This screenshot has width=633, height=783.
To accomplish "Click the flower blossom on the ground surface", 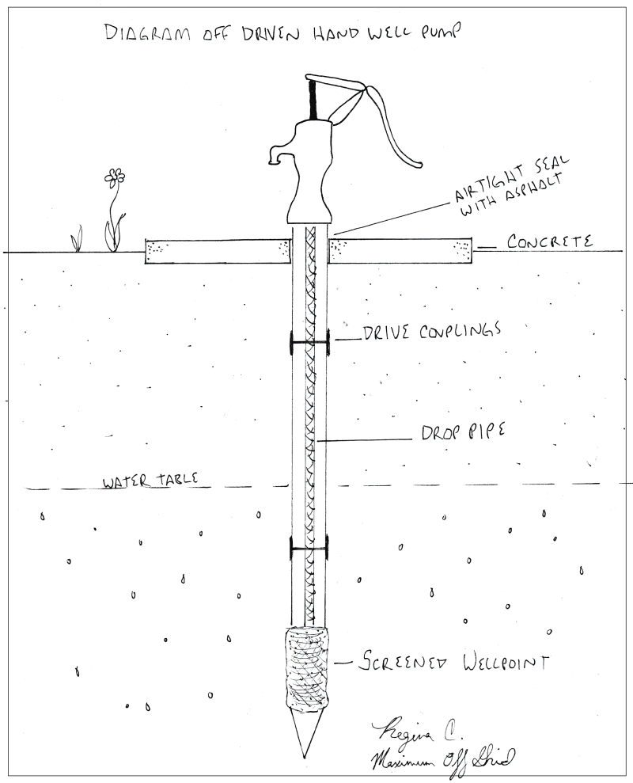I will coord(116,177).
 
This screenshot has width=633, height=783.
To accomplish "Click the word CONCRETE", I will coord(550,241).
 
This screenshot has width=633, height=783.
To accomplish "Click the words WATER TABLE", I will coord(146,481).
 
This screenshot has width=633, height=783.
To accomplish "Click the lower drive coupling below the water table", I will coord(309,546).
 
